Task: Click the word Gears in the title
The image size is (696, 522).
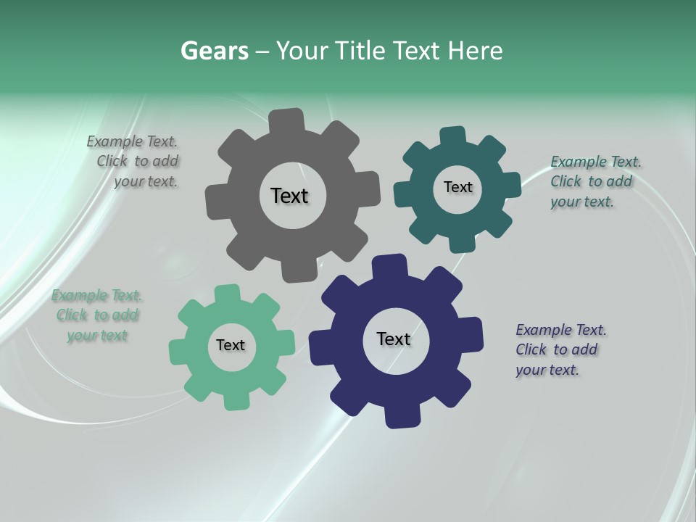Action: [214, 51]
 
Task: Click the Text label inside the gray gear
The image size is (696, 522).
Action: [289, 196]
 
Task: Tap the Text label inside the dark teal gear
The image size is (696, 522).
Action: [457, 187]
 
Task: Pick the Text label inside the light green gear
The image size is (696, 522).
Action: [231, 345]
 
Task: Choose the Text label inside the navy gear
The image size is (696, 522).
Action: [394, 339]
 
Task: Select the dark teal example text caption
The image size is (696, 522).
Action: [594, 181]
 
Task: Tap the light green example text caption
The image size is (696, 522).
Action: [96, 315]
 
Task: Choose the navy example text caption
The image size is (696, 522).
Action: [560, 349]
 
